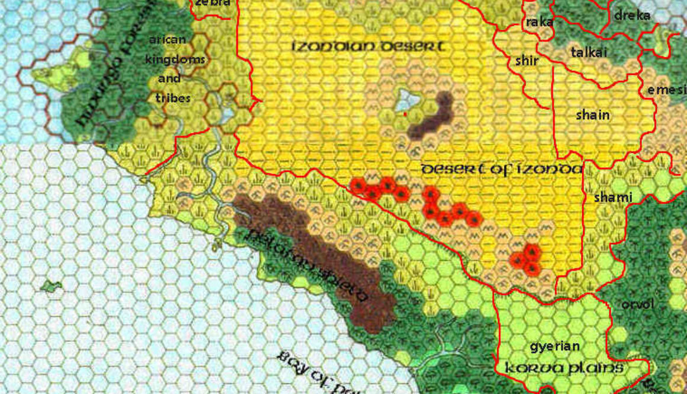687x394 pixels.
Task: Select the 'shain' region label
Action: (592, 116)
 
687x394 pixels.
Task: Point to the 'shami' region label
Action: (613, 197)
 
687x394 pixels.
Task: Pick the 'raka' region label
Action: (539, 22)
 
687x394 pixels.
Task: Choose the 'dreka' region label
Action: (632, 15)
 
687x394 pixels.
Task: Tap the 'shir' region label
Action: (527, 60)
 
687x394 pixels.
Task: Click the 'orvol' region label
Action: (637, 305)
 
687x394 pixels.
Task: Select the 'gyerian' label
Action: (554, 347)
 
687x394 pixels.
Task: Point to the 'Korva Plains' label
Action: (563, 369)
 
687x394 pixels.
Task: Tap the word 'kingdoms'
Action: (175, 59)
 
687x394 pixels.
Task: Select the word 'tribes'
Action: (174, 98)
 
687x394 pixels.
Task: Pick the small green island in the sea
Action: (51, 287)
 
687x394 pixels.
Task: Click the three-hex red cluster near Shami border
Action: (527, 260)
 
